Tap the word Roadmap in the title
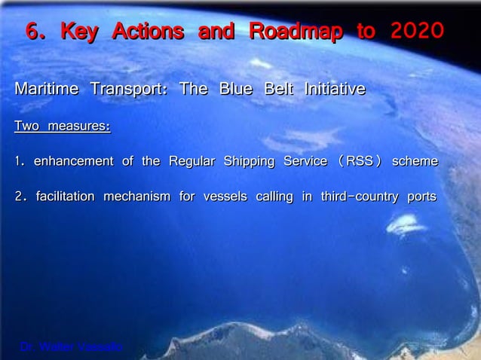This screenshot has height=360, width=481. [x=296, y=32]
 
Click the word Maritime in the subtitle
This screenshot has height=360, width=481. [x=46, y=90]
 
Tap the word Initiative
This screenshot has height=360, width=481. [x=334, y=90]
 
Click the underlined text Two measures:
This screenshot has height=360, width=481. [x=63, y=126]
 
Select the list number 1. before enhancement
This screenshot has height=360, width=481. [x=20, y=161]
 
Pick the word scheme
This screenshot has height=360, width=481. [x=415, y=161]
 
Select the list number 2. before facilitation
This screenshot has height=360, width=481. [x=21, y=197]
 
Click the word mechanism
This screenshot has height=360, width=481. [x=136, y=197]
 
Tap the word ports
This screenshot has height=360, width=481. [x=421, y=197]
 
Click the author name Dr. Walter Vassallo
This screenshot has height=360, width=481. [x=71, y=346]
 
